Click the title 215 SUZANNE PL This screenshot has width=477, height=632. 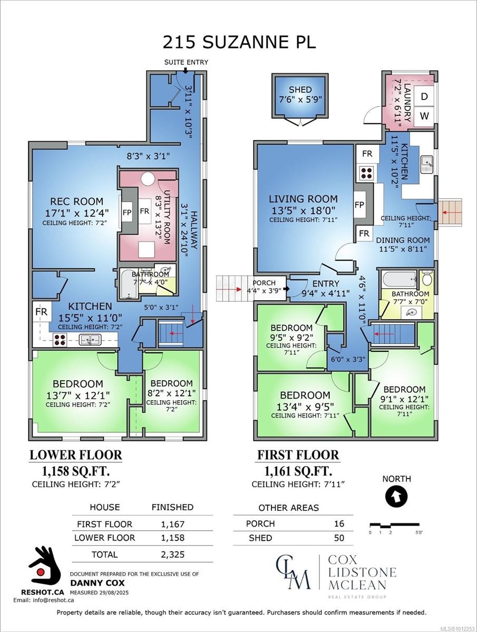(x=239, y=42)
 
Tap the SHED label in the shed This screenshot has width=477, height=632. (x=300, y=90)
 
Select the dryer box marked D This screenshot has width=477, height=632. (x=424, y=96)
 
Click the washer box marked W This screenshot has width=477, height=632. (x=424, y=115)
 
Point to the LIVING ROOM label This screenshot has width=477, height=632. (x=303, y=199)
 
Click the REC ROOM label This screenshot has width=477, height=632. (x=77, y=201)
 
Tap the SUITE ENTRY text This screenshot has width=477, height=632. (x=186, y=62)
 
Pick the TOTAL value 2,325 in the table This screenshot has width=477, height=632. (x=172, y=555)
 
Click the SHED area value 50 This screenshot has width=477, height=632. (x=339, y=538)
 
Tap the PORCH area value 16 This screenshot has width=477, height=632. (x=339, y=524)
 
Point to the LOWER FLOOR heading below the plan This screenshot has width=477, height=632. (x=75, y=455)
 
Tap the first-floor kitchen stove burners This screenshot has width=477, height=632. (x=365, y=172)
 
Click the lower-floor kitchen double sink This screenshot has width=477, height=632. (x=90, y=340)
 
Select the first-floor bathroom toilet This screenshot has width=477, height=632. (x=426, y=278)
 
